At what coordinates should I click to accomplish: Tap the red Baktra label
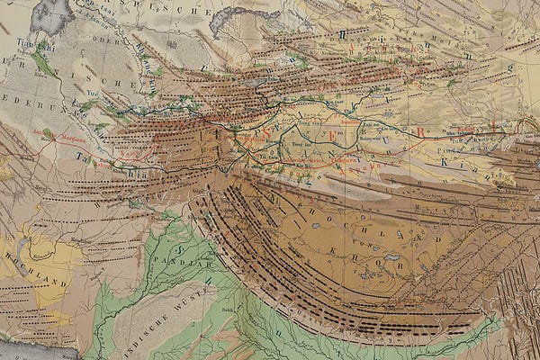click(x=126, y=154)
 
